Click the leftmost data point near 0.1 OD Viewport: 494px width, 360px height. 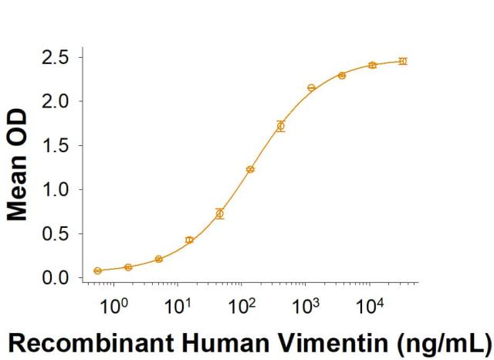97,270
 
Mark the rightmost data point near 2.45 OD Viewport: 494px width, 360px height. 402,60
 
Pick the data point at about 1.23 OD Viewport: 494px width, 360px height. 250,169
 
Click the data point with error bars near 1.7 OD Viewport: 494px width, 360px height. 281,126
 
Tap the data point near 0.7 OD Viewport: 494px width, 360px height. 220,214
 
